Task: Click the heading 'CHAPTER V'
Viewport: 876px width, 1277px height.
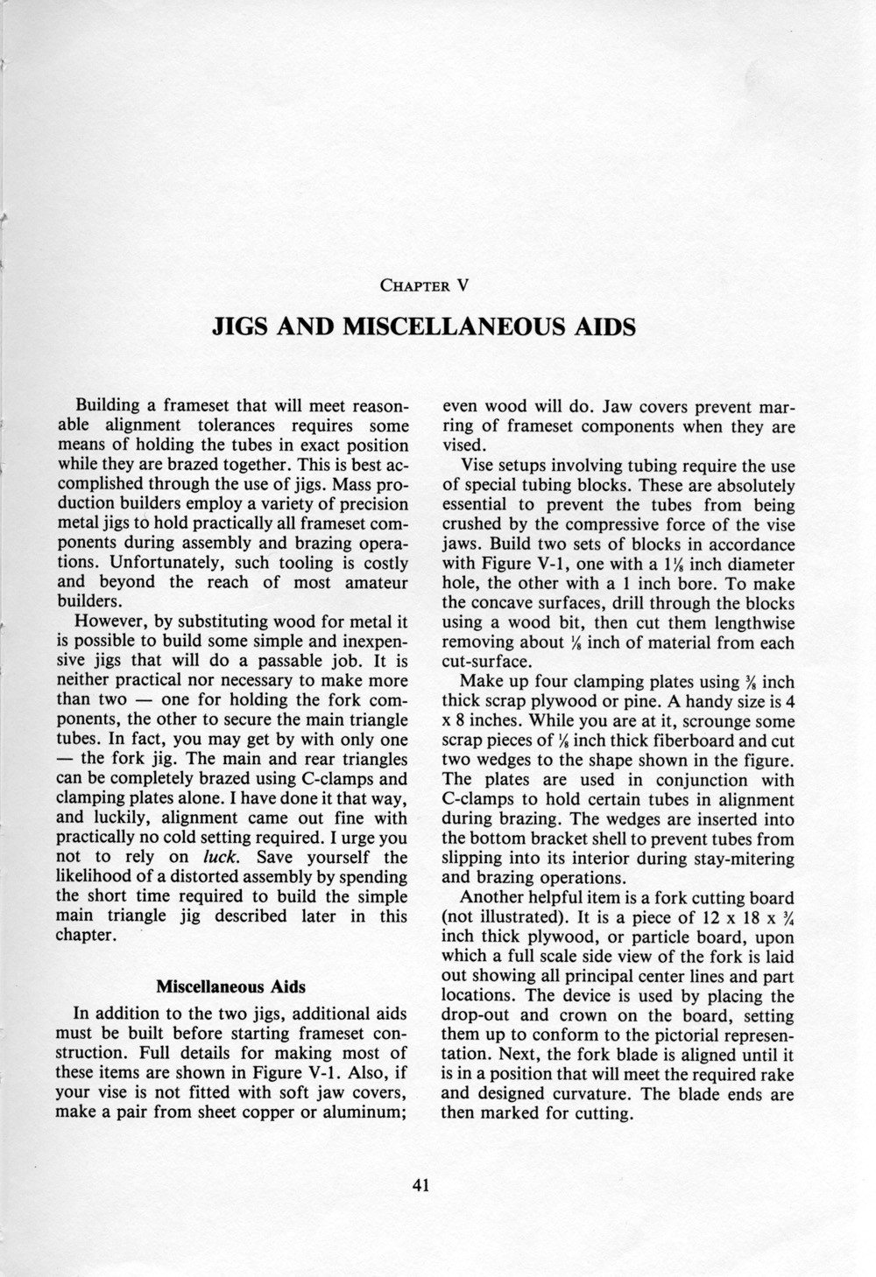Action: [424, 284]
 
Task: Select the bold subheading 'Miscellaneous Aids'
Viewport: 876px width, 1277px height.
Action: [230, 987]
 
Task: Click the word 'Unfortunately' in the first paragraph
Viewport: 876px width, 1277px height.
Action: [127, 563]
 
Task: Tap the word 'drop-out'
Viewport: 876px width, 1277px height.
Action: [477, 1016]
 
